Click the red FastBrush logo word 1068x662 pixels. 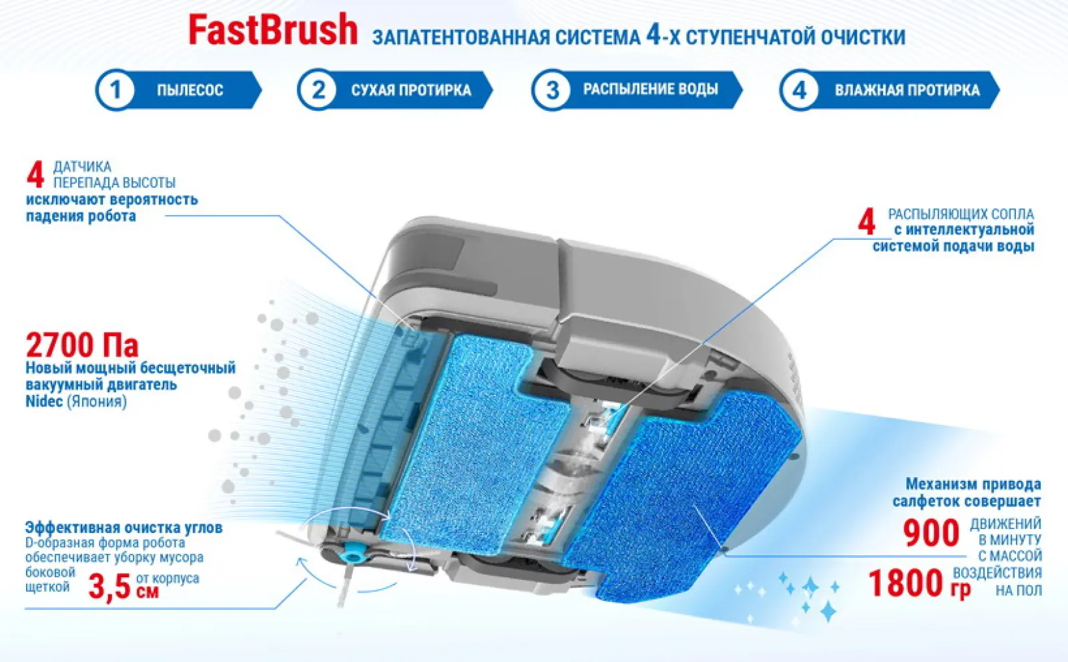[273, 30]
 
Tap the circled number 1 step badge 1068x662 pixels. [115, 90]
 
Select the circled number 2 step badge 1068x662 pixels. [318, 90]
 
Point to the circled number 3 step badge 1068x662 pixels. [551, 90]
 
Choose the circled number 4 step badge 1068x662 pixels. [800, 90]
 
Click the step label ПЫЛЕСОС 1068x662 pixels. [190, 90]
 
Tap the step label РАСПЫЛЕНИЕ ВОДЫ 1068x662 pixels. [650, 90]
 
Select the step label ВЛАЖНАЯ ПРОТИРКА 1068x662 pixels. [907, 90]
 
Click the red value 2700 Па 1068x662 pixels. [82, 345]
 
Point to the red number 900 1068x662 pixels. [930, 533]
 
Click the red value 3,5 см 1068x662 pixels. [123, 587]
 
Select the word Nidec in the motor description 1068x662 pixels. [44, 401]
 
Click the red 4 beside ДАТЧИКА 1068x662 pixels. [35, 175]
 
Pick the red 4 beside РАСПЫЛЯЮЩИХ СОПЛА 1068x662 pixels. [866, 221]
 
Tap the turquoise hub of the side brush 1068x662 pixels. [352, 554]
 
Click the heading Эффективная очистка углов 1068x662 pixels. [124, 528]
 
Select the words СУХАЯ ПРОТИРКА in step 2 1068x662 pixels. [411, 90]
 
